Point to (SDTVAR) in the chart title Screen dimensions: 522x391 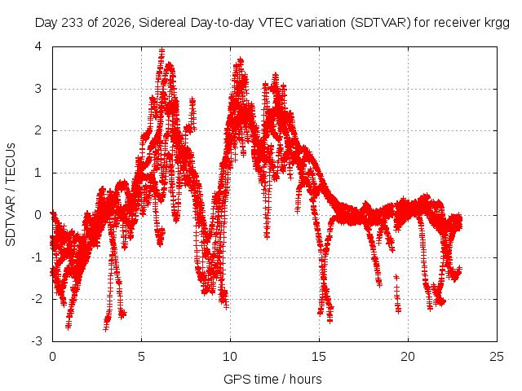pyautogui.click(x=381, y=23)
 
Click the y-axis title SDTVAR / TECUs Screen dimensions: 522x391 pyautogui.click(x=11, y=195)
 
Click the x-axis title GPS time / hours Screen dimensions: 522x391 pyautogui.click(x=272, y=379)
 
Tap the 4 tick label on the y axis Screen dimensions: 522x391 pyautogui.click(x=38, y=46)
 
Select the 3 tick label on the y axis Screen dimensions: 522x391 pyautogui.click(x=38, y=89)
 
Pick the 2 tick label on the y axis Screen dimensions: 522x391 pyautogui.click(x=38, y=130)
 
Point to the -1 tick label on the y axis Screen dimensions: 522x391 pyautogui.click(x=37, y=257)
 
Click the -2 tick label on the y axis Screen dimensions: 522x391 pyautogui.click(x=37, y=299)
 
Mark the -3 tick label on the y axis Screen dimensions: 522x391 pyautogui.click(x=37, y=341)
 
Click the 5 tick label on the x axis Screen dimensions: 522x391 pyautogui.click(x=141, y=357)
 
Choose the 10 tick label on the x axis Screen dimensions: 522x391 pyautogui.click(x=230, y=357)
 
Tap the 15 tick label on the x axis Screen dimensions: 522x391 pyautogui.click(x=319, y=357)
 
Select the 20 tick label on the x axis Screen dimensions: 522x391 pyautogui.click(x=408, y=357)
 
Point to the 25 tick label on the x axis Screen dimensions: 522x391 pyautogui.click(x=497, y=357)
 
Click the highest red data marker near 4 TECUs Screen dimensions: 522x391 pyautogui.click(x=161, y=50)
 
